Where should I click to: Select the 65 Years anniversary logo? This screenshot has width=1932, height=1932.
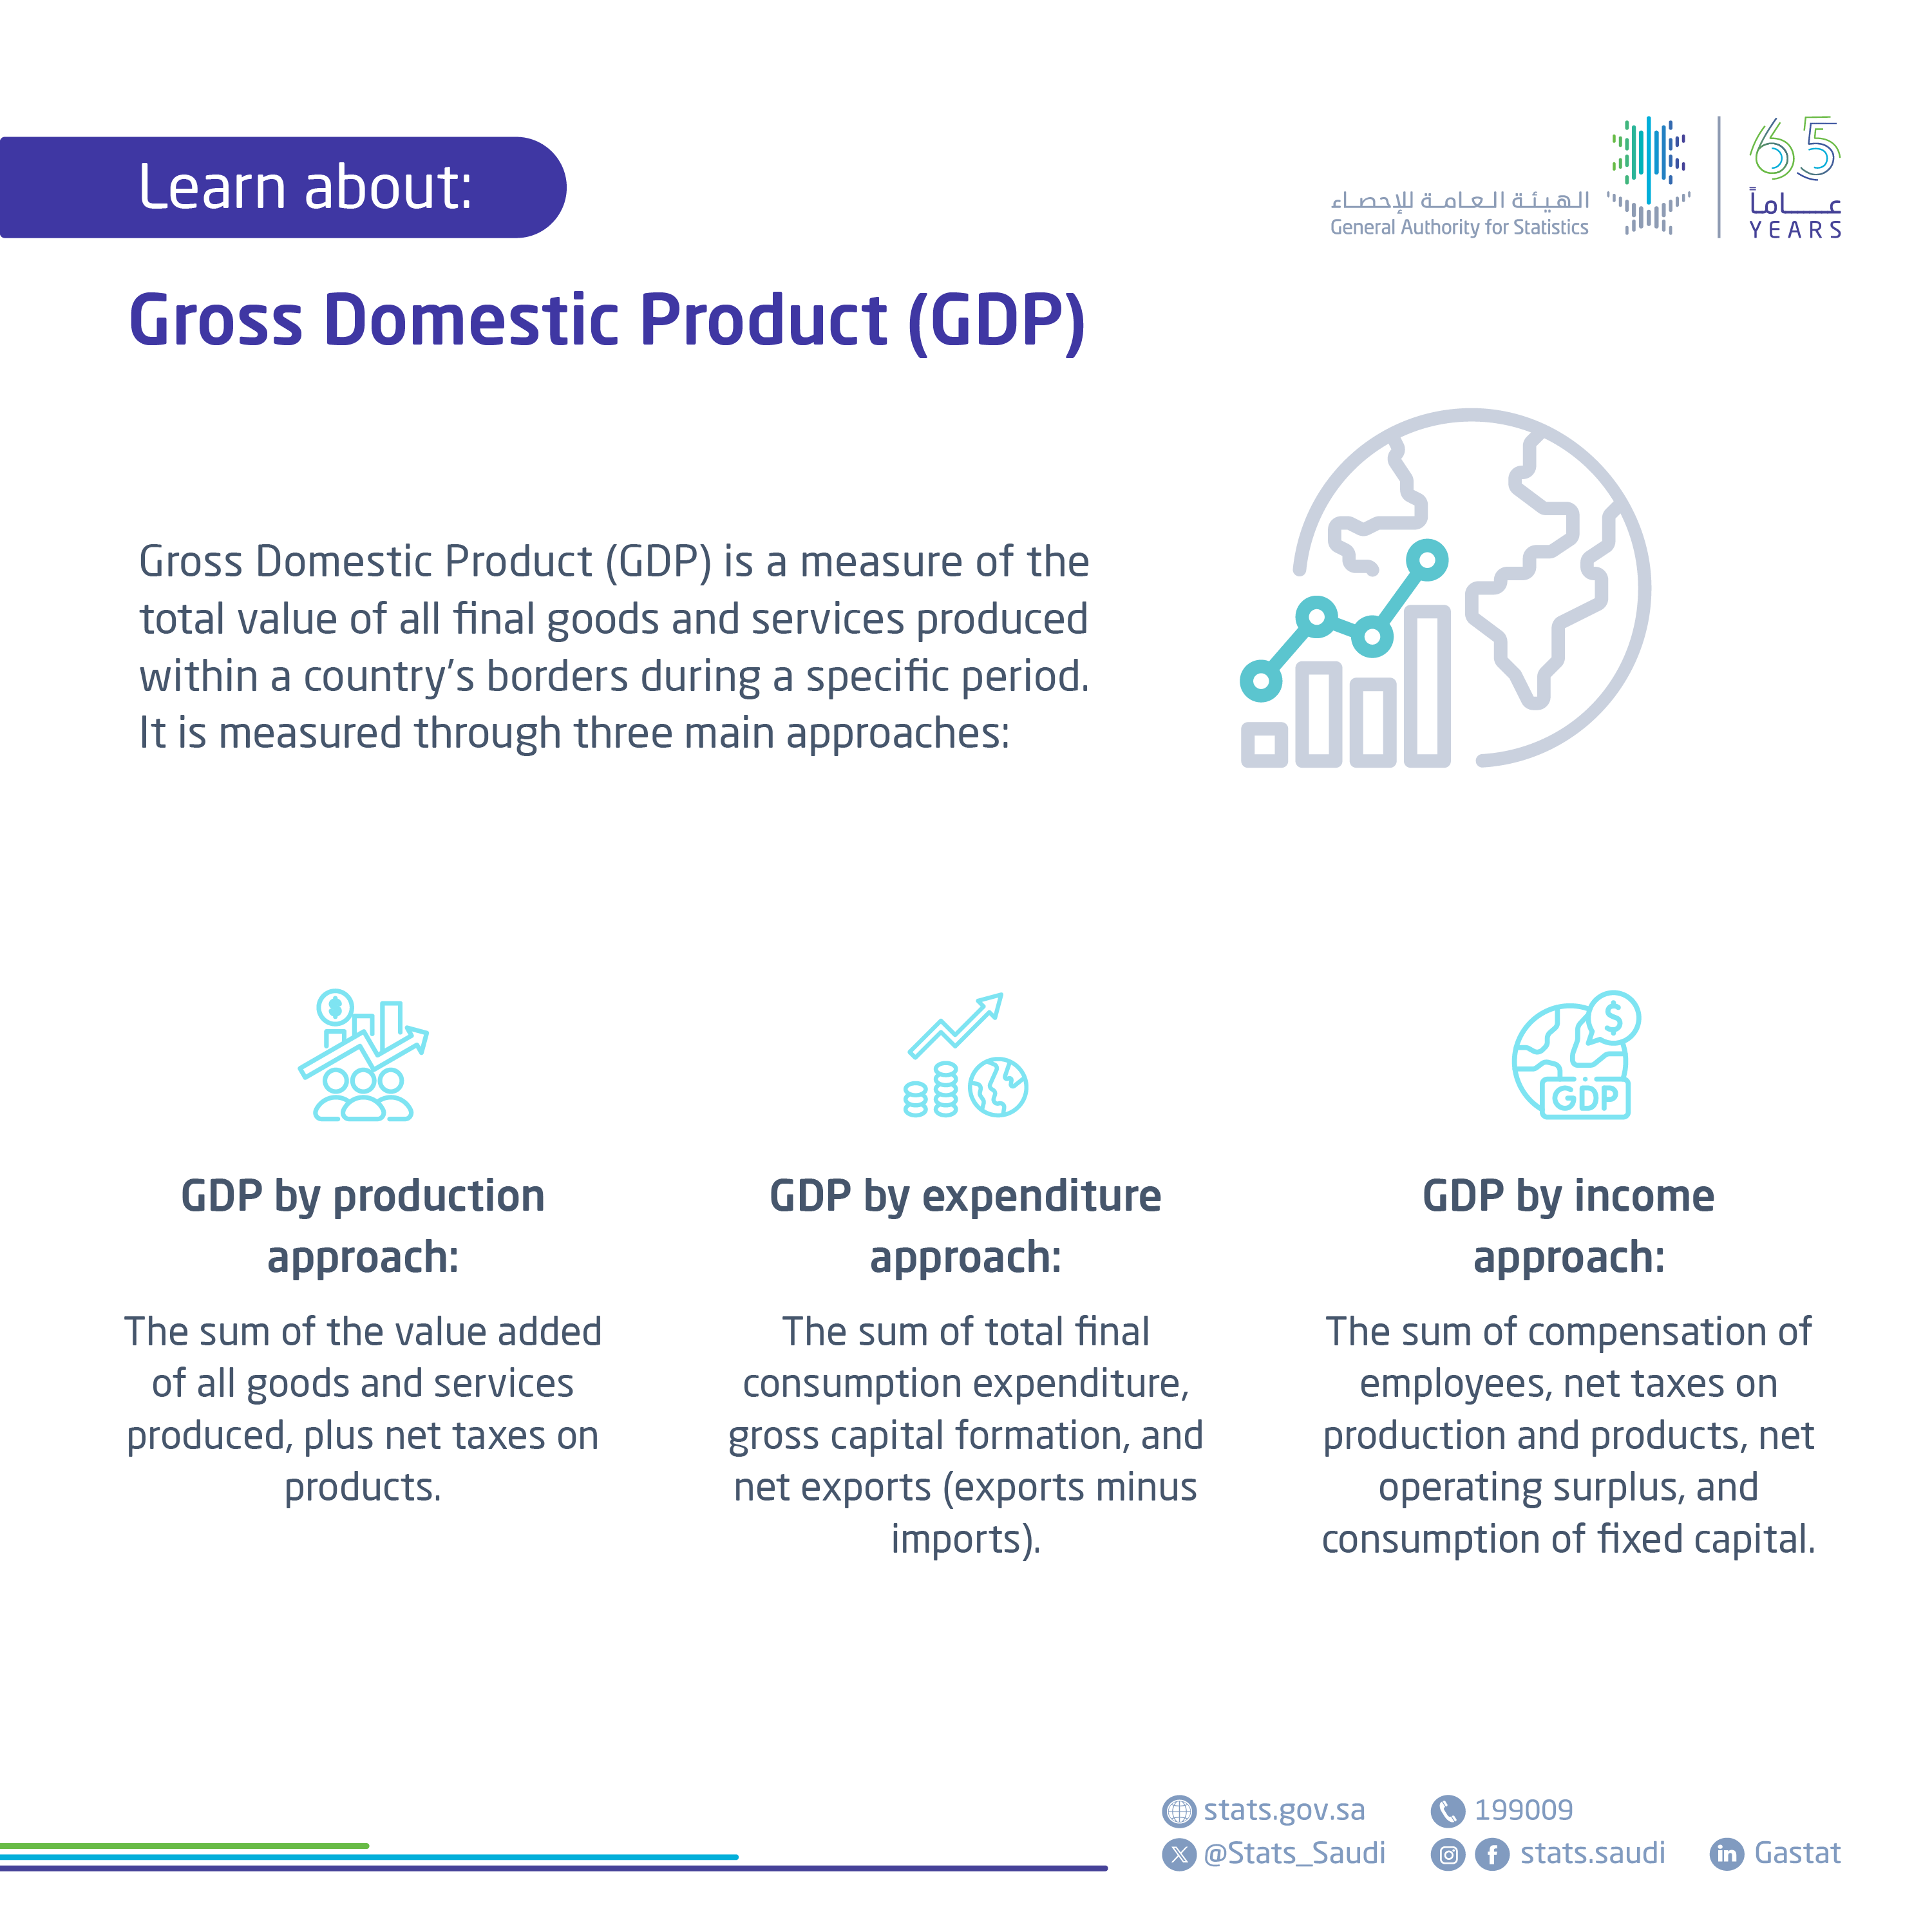click(x=1794, y=178)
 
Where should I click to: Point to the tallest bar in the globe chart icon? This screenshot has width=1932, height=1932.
click(x=1427, y=688)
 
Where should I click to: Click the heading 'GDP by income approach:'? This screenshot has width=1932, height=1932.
click(x=1568, y=1226)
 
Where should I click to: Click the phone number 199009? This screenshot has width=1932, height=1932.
click(x=1523, y=1810)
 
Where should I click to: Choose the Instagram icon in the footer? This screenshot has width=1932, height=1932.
click(x=1448, y=1855)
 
